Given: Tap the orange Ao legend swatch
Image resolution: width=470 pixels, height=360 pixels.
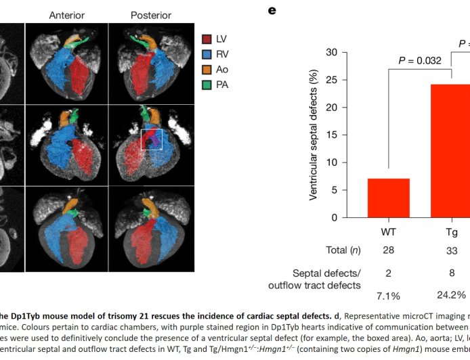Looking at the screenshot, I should (x=208, y=69).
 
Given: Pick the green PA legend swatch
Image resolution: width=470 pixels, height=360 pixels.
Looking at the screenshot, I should (x=208, y=83).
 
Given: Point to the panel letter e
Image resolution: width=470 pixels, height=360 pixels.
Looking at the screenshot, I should (x=272, y=11).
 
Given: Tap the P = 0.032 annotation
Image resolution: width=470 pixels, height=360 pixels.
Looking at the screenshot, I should (x=420, y=60).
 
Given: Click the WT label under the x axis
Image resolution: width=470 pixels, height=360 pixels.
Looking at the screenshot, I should (x=388, y=232).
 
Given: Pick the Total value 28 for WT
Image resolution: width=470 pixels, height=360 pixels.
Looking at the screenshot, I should (x=388, y=250).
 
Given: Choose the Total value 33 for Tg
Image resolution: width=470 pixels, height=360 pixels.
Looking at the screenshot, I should (x=451, y=250).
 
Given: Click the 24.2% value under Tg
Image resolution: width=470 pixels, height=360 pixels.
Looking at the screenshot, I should (x=451, y=296).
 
